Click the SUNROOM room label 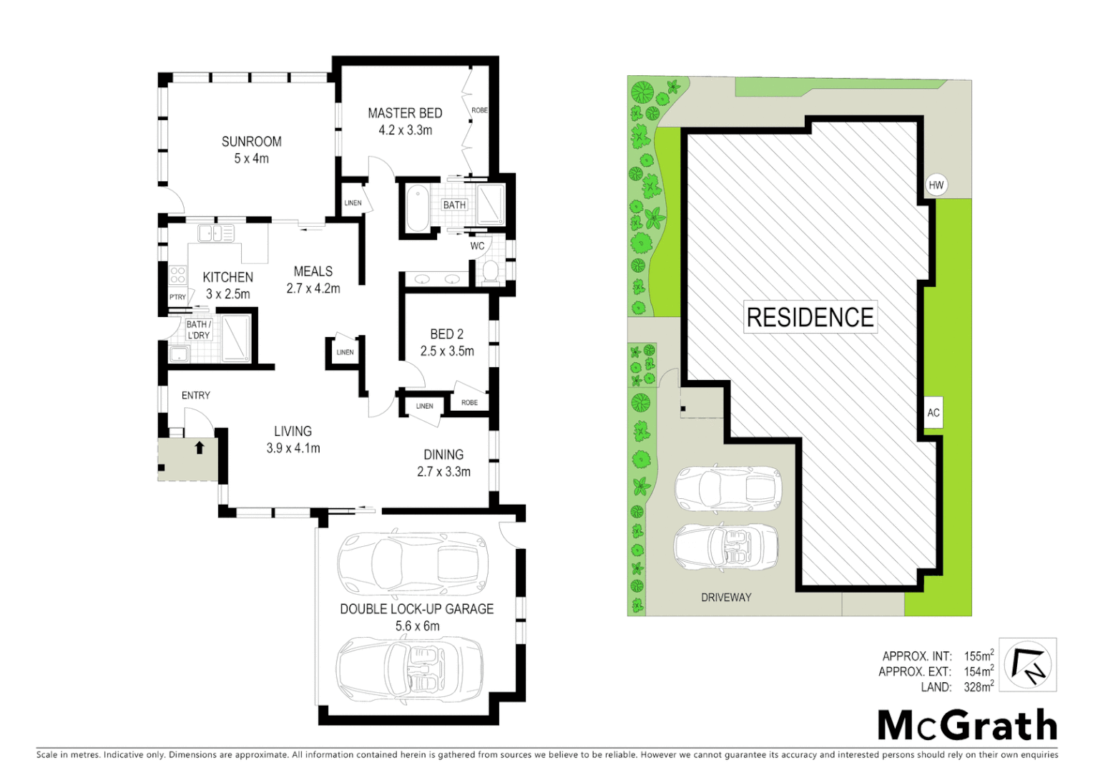tap(251, 142)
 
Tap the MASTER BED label tap(405, 113)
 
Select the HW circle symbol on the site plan tap(936, 185)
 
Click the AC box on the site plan tap(933, 412)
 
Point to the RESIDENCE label tap(810, 317)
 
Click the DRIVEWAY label tap(726, 597)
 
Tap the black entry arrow tap(200, 448)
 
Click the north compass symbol tap(1027, 664)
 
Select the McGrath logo tap(967, 726)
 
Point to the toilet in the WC tap(491, 271)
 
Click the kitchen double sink tap(216, 233)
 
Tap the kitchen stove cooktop tap(177, 276)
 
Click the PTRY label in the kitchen tap(177, 297)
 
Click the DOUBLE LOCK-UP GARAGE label tap(416, 609)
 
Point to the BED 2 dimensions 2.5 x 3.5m tap(447, 351)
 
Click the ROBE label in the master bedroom tap(479, 110)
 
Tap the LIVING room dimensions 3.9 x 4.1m tap(293, 449)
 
